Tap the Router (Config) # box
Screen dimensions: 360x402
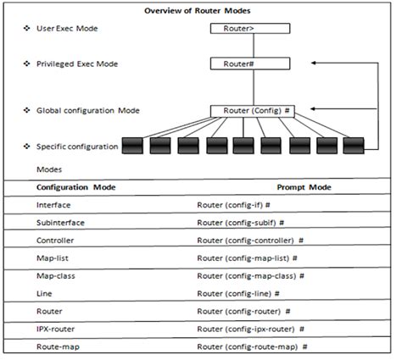[x=253, y=110]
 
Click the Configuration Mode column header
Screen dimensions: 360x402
[x=75, y=186]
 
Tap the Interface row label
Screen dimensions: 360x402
[x=54, y=205]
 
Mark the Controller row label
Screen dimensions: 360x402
[x=56, y=241]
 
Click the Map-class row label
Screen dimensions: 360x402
[x=57, y=276]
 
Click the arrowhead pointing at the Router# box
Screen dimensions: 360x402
[x=314, y=63]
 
